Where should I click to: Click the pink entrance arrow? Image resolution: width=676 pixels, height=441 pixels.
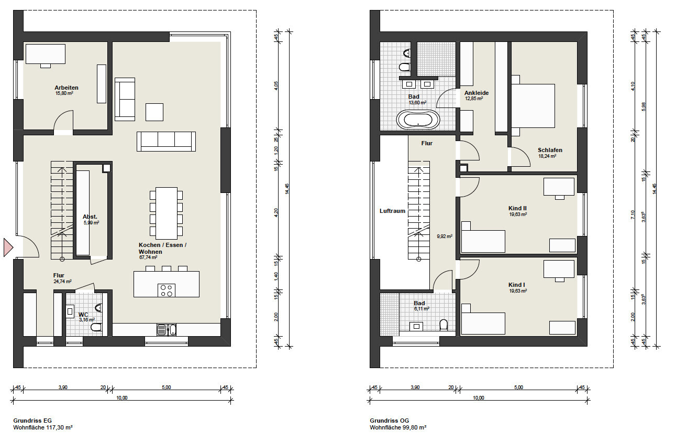[8, 248]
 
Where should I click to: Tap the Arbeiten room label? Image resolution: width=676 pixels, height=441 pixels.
[67, 88]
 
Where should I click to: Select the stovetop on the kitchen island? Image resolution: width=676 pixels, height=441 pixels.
[167, 290]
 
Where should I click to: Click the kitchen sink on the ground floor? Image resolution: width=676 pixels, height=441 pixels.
[167, 329]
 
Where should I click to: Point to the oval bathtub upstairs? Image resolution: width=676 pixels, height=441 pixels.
[418, 120]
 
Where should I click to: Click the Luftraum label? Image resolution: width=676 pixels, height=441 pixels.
[392, 211]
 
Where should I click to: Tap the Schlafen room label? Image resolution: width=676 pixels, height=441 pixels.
[550, 150]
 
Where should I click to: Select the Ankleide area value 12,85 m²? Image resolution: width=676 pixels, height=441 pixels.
[474, 99]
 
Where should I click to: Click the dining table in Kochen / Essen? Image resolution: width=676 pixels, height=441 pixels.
[167, 213]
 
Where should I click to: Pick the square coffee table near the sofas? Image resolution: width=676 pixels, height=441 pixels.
[154, 112]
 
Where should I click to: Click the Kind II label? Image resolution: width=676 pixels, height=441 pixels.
[517, 208]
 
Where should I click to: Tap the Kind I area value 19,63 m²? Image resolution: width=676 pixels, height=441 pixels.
[518, 291]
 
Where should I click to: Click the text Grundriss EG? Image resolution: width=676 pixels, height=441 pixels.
[32, 421]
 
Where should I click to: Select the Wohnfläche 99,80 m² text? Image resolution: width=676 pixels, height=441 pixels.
[398, 427]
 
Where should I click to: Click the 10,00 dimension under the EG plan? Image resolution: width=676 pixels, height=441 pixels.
[122, 398]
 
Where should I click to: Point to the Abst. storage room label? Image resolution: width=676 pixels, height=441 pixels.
[90, 217]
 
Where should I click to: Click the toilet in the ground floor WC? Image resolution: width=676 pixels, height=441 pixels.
[96, 327]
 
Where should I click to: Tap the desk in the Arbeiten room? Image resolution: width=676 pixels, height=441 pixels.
[45, 54]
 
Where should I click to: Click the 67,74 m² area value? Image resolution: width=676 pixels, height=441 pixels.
[148, 257]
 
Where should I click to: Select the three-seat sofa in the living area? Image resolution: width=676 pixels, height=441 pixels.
[166, 142]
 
